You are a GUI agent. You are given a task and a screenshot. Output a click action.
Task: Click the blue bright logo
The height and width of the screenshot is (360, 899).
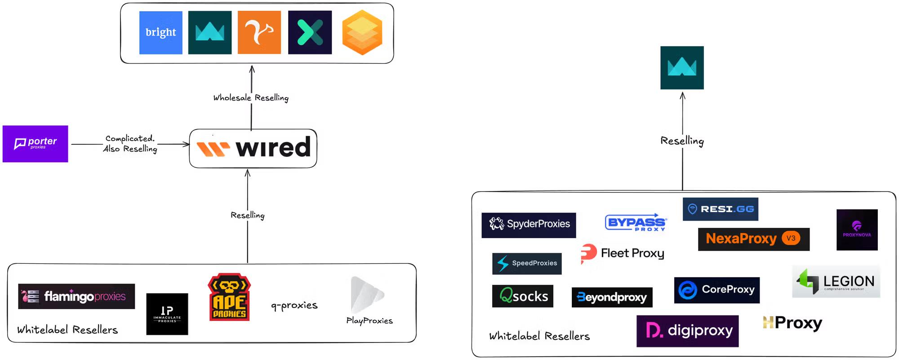coord(160,32)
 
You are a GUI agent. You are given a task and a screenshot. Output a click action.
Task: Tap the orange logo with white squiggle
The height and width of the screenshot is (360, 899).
coord(259,32)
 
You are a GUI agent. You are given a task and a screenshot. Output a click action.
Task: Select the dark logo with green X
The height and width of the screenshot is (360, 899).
coord(310,32)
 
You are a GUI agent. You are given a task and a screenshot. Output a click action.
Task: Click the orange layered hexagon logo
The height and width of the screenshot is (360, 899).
coord(362,33)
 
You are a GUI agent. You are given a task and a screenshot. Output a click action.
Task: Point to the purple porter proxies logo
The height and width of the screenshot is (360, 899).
coord(36,143)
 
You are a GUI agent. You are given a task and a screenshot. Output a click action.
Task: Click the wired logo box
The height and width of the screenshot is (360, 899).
coord(253,148)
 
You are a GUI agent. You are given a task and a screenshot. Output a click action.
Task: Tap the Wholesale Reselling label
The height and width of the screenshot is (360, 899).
coord(251,98)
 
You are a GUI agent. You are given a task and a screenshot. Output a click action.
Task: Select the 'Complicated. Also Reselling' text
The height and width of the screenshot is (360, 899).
coord(130,143)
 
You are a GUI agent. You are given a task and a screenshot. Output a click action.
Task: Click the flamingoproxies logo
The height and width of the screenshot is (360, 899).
coord(76,296)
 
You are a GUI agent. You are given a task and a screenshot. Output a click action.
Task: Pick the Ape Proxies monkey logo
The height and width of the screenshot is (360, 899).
coord(229,297)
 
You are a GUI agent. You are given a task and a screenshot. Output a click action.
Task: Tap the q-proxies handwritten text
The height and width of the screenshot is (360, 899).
coord(294,305)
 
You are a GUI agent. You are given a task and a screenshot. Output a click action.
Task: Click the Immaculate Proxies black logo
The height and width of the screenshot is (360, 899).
coord(167,314)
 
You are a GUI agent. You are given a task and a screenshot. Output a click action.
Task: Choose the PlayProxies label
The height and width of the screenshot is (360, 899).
coord(369,320)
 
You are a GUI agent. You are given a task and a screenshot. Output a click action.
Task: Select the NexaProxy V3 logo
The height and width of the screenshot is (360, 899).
coord(753,239)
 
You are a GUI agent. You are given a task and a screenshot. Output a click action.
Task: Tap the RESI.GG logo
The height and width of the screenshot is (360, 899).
coord(720,209)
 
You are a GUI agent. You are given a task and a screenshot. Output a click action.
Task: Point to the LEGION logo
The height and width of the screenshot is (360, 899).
coord(836,282)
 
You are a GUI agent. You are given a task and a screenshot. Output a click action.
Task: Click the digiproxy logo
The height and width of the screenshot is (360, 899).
coord(687,331)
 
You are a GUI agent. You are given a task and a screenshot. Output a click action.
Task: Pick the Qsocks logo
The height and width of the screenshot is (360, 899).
coord(522,296)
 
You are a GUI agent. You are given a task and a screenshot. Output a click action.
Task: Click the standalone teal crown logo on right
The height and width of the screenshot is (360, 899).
coord(682,68)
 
